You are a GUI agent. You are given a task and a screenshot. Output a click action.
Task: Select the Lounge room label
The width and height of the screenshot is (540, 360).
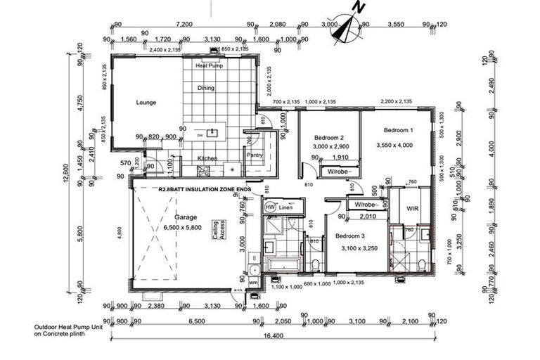pyautogui.click(x=146, y=103)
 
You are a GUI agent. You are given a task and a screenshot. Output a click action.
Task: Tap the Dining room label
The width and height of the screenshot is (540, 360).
pyautogui.click(x=206, y=89)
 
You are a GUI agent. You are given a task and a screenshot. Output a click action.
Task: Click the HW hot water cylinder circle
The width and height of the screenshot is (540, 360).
pyautogui.click(x=270, y=208)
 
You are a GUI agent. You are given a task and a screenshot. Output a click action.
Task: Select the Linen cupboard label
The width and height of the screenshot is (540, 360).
pyautogui.click(x=285, y=208)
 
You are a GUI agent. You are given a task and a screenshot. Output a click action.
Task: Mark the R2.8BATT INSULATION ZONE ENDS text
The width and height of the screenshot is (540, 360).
pyautogui.click(x=204, y=188)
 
